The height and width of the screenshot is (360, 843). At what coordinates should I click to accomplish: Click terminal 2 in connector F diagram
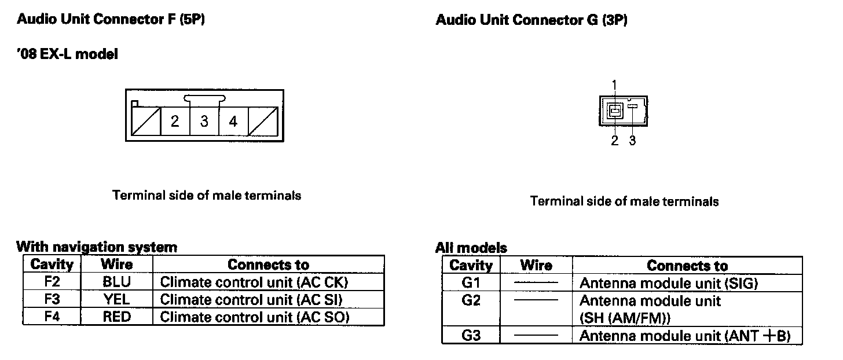[175, 122]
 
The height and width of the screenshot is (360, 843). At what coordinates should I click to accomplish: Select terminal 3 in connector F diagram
[204, 122]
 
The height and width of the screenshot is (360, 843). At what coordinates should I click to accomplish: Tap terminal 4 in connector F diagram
[233, 122]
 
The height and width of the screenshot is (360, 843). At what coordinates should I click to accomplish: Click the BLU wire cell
[117, 282]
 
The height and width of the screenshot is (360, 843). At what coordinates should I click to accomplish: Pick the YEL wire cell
[117, 300]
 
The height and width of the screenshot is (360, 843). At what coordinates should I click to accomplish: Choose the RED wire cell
[117, 317]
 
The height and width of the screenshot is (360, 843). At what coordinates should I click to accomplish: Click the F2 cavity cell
[52, 282]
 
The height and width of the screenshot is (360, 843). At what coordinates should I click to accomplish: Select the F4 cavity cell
[52, 317]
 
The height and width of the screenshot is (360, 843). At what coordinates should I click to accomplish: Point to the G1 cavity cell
[472, 284]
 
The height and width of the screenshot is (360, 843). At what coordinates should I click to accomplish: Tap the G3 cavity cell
[472, 336]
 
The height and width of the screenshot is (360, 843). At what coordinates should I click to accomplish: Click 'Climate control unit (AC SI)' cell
[251, 300]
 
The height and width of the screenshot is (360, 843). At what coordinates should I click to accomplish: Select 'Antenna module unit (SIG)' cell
[669, 284]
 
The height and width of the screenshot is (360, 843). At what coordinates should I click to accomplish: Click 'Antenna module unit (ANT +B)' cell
[685, 336]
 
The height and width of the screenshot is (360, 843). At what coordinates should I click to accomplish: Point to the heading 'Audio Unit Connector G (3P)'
[532, 21]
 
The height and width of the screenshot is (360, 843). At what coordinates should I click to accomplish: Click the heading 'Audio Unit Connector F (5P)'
[111, 19]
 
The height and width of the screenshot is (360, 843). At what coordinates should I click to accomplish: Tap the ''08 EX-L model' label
[67, 54]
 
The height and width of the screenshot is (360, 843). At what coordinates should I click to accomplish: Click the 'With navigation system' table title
[97, 247]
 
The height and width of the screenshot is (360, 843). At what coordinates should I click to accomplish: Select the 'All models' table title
[471, 248]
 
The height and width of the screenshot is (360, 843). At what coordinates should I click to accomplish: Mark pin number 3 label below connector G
[632, 141]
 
